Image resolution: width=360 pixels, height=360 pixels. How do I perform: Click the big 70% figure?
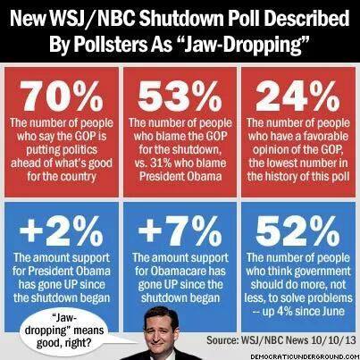click(x=62, y=96)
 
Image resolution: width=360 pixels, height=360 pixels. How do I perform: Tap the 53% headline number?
click(x=180, y=96)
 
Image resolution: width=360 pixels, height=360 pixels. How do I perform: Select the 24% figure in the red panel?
click(x=297, y=96)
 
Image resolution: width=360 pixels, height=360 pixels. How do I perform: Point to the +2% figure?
click(x=62, y=230)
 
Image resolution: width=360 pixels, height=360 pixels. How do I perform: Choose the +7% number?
click(x=180, y=230)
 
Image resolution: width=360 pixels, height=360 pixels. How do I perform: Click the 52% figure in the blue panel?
click(x=297, y=230)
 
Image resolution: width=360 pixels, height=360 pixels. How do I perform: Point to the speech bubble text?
click(x=63, y=331)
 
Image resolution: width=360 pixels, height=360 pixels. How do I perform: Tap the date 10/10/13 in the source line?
click(x=333, y=339)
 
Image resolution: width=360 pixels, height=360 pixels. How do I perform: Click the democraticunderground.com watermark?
click(x=304, y=356)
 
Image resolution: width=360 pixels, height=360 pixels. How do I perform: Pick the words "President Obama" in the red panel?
click(x=180, y=176)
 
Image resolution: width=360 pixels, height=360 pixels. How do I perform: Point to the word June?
click(x=332, y=312)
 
